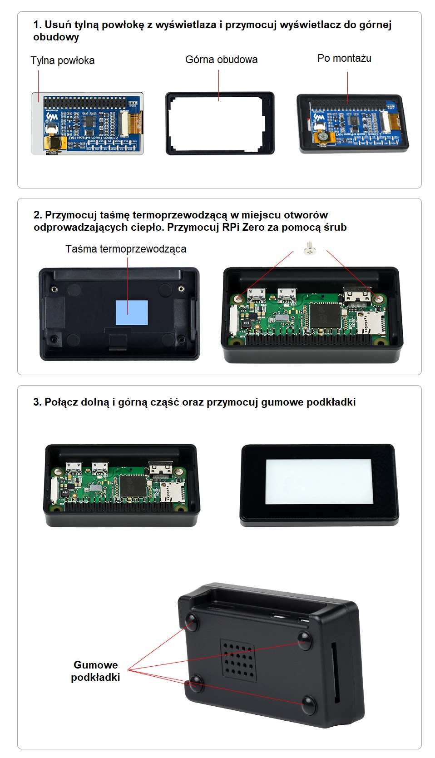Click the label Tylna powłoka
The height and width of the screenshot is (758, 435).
pos(63,60)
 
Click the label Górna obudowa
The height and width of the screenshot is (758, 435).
pos(221,59)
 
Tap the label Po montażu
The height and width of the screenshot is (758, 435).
pos(344,58)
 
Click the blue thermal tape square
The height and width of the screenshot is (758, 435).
pos(132,312)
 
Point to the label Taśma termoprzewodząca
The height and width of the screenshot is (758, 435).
pos(126,249)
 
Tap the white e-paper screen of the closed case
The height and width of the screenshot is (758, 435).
pos(319,481)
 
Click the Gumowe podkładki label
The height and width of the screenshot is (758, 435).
pos(95,671)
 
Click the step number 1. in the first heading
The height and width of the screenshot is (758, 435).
pos(37,25)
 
